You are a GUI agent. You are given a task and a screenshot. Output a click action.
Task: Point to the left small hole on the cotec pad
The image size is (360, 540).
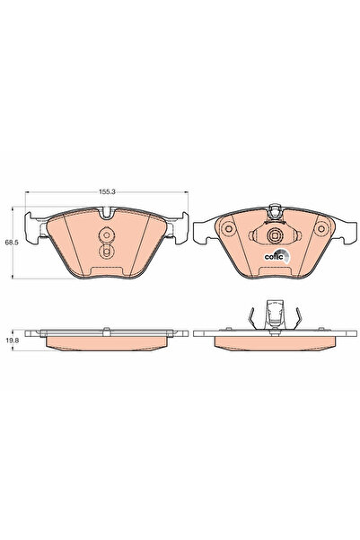[x=228, y=229]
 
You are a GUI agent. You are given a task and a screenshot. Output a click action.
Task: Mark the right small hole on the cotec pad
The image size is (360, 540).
[x=318, y=229]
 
